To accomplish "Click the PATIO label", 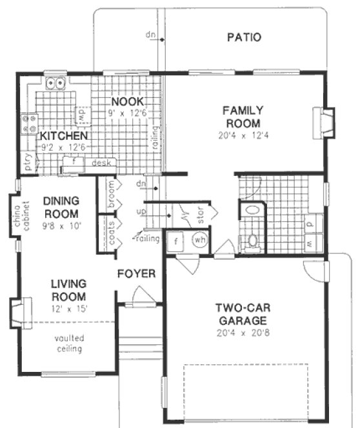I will click(244, 37).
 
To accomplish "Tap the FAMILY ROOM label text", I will click(242, 116).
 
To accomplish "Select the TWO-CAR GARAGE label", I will click(241, 314).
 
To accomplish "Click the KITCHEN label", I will click(63, 137).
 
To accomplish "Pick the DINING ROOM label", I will click(61, 207).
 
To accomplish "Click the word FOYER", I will click(136, 274).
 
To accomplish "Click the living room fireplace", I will click(17, 313).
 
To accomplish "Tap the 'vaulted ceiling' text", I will click(68, 344).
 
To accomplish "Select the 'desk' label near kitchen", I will click(101, 163).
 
